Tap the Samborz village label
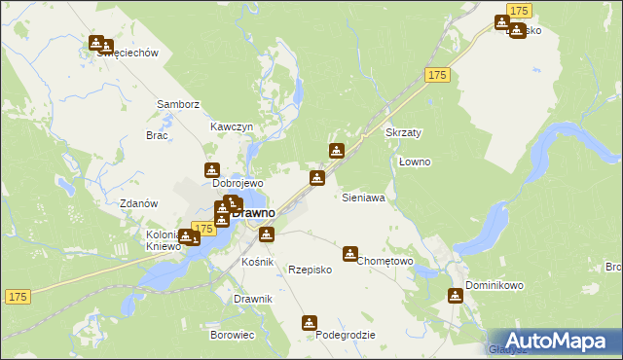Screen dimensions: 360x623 click(x=178, y=104)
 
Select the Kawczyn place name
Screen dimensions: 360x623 click(x=232, y=127)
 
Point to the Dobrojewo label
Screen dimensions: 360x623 click(x=238, y=183)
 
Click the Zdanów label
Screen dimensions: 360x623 click(x=137, y=203)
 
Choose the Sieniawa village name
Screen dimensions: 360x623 click(x=363, y=198)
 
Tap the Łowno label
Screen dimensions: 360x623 click(x=416, y=162)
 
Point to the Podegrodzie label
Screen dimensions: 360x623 click(x=346, y=335)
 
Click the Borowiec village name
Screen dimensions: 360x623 click(x=232, y=335)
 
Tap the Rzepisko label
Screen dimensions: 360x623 click(x=311, y=270)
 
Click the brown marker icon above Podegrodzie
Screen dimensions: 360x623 click(x=310, y=322)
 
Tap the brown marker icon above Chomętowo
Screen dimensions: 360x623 click(x=349, y=253)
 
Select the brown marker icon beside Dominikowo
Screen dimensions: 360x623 click(x=456, y=296)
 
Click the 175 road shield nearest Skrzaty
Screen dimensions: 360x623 click(x=436, y=75)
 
